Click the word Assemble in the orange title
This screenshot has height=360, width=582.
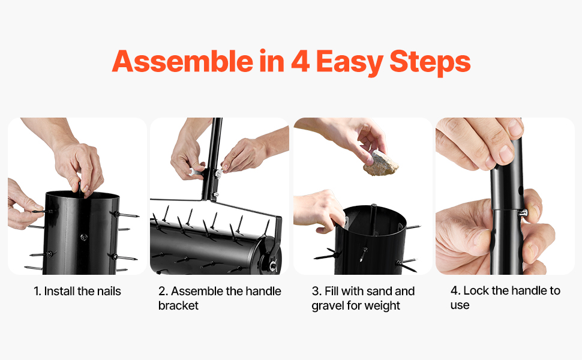[x=182, y=61]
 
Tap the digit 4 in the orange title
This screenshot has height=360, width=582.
[x=300, y=61]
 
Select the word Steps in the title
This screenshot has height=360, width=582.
[x=430, y=63]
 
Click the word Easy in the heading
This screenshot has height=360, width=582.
[x=350, y=63]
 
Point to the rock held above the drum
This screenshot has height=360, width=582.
[x=380, y=163]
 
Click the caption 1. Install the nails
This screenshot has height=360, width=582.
[x=77, y=292]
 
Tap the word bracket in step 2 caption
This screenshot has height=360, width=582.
[x=178, y=305]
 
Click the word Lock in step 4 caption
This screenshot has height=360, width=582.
[x=476, y=290]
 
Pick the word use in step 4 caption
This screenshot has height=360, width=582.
[x=460, y=305]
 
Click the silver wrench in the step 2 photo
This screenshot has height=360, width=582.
[x=196, y=172]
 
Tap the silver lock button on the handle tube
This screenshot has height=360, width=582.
[x=523, y=213]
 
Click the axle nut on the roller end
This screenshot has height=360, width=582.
[x=273, y=266]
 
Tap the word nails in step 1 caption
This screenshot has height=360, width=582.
[x=109, y=292]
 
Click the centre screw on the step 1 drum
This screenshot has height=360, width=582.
[x=84, y=237]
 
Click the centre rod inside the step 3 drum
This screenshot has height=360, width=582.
[x=373, y=218]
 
